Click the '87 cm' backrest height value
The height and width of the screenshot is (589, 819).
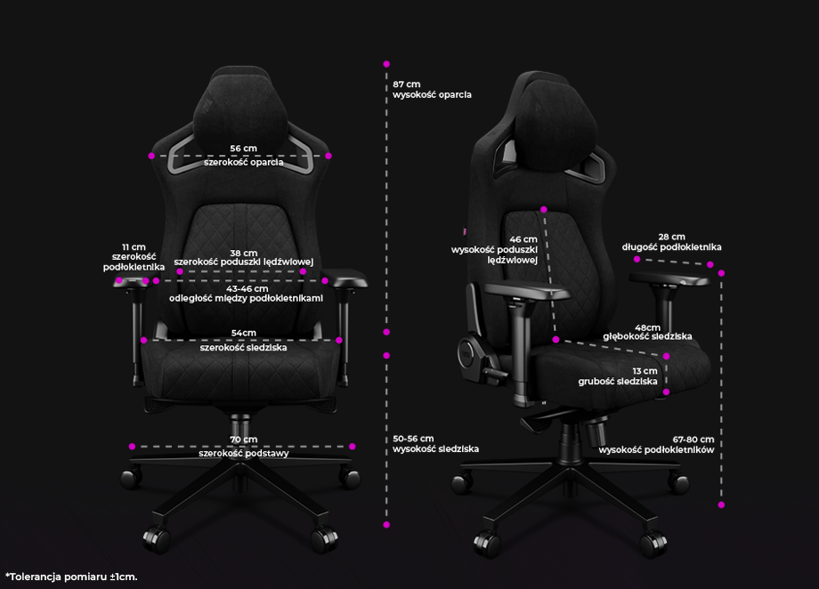click(x=406, y=84)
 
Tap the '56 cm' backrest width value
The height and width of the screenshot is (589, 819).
click(x=243, y=149)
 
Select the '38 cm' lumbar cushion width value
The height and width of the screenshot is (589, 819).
click(x=243, y=254)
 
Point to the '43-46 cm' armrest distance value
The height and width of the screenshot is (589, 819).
click(x=247, y=289)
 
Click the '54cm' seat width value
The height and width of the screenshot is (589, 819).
click(x=243, y=333)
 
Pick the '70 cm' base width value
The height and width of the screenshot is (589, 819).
click(x=243, y=440)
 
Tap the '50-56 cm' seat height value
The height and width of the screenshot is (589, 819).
click(x=413, y=439)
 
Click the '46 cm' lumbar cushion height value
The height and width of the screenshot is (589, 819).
click(x=523, y=239)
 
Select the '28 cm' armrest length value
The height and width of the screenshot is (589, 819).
click(x=671, y=237)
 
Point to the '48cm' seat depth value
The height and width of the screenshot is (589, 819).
click(x=648, y=327)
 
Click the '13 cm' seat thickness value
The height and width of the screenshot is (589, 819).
click(x=645, y=371)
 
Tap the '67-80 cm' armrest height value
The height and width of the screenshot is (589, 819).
click(x=693, y=440)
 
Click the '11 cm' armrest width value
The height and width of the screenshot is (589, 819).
click(x=134, y=247)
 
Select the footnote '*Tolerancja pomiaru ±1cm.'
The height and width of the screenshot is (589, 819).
click(x=71, y=577)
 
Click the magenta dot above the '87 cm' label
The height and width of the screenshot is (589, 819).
click(x=386, y=64)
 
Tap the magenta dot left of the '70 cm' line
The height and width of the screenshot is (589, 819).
click(x=132, y=447)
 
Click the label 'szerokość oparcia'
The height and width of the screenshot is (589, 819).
click(x=243, y=163)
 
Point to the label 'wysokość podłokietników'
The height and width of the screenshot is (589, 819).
click(x=656, y=450)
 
